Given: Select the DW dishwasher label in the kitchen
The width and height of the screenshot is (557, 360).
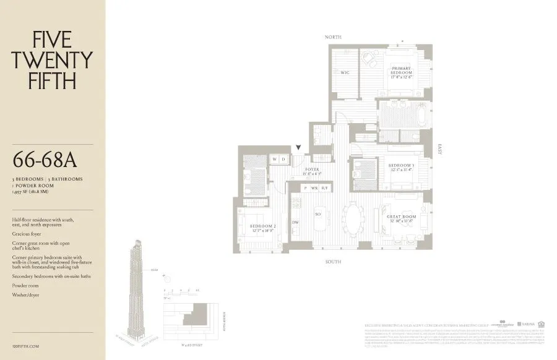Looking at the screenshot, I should tap(295, 221).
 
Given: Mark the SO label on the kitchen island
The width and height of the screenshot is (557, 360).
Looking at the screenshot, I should tap(318, 213).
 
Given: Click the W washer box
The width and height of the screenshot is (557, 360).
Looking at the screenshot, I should tap(275, 160).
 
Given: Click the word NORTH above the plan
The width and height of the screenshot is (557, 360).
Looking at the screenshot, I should tap(334, 38).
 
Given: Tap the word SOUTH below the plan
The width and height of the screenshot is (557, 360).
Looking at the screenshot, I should tap(334, 262).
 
